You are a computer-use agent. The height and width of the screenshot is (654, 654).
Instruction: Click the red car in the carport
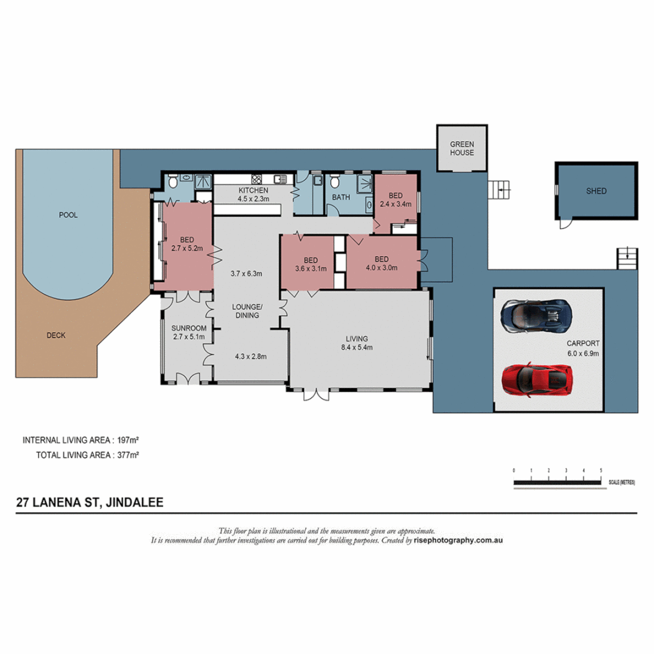tap(537, 380)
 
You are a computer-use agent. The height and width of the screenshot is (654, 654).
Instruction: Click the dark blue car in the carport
tap(537, 315)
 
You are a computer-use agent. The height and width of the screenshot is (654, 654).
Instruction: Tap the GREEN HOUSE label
tap(461, 148)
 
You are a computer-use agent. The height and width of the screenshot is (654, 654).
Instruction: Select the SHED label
tap(596, 191)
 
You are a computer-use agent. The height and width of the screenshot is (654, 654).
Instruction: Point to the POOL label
tap(68, 215)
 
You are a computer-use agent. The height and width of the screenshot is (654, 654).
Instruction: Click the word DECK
tap(56, 335)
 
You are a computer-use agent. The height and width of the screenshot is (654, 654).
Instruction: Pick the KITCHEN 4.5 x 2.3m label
tap(253, 194)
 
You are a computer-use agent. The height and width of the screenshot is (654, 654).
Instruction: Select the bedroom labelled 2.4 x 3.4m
tap(395, 200)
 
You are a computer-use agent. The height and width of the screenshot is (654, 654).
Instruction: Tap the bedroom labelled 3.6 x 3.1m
tap(311, 264)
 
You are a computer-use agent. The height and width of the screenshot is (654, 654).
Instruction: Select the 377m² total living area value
tap(128, 455)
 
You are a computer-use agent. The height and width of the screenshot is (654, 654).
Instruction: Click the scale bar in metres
tap(557, 482)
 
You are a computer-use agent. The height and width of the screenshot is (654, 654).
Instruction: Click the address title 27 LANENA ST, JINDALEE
tap(90, 502)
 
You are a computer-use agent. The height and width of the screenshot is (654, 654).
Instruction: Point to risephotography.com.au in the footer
tap(458, 540)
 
